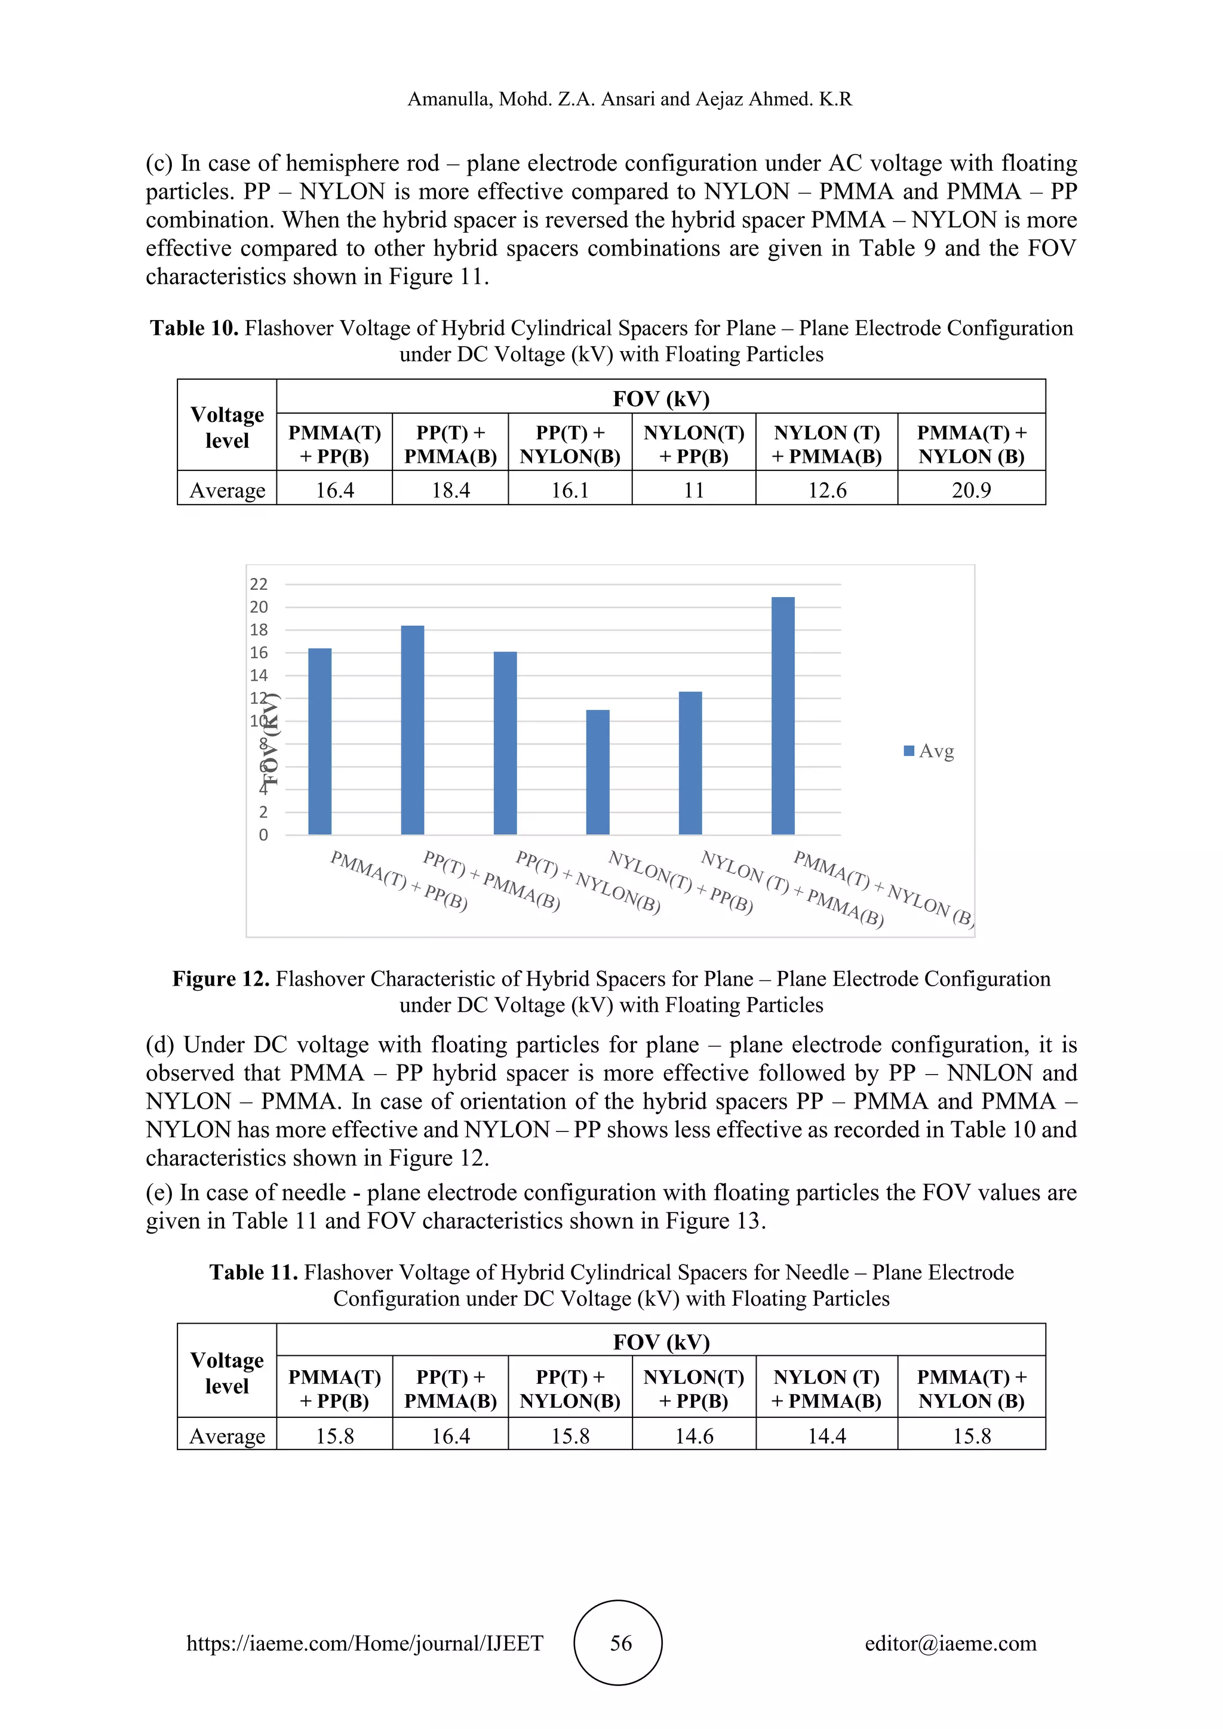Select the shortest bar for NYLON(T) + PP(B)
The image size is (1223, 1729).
[x=597, y=772]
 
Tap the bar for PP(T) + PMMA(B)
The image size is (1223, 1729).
[x=412, y=730]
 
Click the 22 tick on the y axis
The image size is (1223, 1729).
[x=259, y=584]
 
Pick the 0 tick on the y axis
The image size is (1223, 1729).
[x=263, y=835]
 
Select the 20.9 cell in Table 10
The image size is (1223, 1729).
[x=971, y=490]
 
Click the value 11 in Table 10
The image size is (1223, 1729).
[x=693, y=490]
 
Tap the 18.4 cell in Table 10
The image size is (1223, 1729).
[x=450, y=490]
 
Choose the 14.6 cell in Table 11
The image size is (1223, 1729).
[x=693, y=1436]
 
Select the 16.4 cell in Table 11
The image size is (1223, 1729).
[x=450, y=1436]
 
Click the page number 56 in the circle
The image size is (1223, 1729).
[x=620, y=1643]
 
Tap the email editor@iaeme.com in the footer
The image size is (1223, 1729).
[x=950, y=1643]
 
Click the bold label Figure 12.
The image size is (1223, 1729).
[x=220, y=979]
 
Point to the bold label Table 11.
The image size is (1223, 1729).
[x=253, y=1273]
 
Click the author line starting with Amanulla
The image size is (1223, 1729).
[x=629, y=99]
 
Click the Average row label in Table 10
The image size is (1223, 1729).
[x=227, y=490]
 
